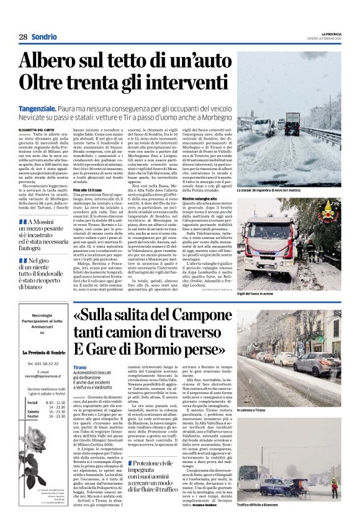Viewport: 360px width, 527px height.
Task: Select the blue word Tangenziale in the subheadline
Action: (x=39, y=108)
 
